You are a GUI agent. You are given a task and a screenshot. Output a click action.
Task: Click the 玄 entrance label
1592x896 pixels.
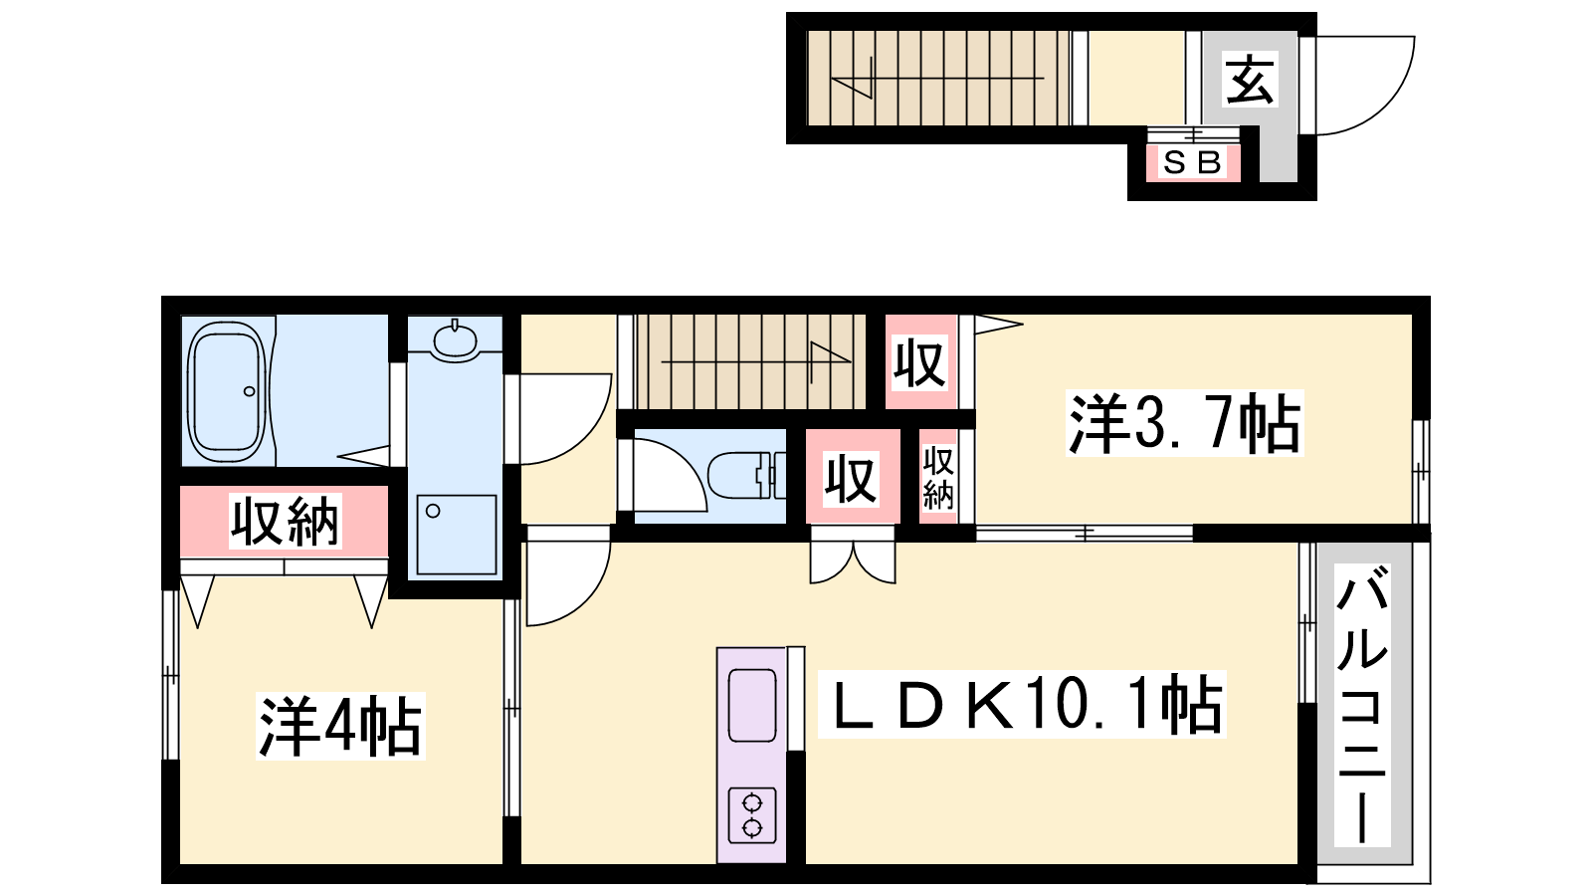click(1250, 79)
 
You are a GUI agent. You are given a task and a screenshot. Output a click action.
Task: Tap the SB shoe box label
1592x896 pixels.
click(1192, 163)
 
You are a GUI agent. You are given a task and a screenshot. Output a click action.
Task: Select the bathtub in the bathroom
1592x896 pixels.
click(226, 390)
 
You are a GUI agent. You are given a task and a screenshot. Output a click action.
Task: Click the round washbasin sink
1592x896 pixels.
click(454, 342)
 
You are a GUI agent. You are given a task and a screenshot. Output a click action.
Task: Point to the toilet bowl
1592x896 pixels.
click(746, 475)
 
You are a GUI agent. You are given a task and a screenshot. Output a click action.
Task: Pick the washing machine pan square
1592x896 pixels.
click(457, 534)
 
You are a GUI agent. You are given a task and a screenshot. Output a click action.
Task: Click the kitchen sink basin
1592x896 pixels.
click(752, 705)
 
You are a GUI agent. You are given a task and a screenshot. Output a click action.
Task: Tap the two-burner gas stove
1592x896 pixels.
click(752, 815)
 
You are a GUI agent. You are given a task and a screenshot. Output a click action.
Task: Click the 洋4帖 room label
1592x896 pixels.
click(340, 726)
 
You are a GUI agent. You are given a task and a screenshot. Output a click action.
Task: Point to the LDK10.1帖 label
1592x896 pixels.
click(1022, 704)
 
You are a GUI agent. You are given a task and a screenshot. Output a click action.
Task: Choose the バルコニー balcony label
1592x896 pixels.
click(1362, 705)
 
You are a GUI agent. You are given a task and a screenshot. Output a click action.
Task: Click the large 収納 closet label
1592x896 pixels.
click(285, 522)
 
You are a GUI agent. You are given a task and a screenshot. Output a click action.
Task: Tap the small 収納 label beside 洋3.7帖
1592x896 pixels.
click(938, 479)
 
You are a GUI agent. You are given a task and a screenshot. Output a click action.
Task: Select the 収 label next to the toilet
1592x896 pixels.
click(852, 479)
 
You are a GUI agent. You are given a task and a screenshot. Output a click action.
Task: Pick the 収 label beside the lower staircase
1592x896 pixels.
click(919, 362)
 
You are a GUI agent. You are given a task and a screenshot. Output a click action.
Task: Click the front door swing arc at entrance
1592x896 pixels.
click(1386, 107)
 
